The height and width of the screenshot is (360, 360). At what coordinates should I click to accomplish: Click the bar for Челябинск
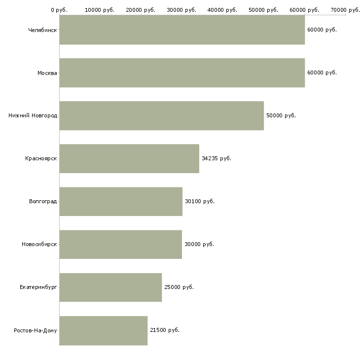tap(182, 30)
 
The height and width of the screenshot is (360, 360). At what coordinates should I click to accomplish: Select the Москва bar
tap(182, 73)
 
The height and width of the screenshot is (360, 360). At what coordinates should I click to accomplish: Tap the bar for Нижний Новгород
tap(162, 116)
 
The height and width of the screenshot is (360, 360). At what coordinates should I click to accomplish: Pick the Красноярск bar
tap(129, 159)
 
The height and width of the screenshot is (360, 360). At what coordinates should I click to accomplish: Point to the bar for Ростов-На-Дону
tap(104, 330)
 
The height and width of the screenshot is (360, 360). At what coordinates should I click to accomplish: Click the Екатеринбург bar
tap(110, 288)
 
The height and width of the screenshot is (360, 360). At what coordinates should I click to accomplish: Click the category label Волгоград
tap(43, 202)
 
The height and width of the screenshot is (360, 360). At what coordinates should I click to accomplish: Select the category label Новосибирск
tap(39, 244)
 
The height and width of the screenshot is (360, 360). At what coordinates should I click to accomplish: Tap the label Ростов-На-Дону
tap(36, 330)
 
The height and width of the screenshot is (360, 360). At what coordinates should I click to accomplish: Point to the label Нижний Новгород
tap(33, 115)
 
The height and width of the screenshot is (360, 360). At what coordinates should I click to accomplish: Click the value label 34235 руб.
tap(216, 158)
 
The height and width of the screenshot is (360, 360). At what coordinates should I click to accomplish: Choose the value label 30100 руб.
tap(200, 201)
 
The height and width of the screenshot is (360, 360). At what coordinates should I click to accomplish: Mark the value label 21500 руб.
tap(165, 330)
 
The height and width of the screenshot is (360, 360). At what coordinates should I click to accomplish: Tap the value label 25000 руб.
tap(179, 287)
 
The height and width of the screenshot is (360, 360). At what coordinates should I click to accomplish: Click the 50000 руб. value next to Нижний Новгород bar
tap(281, 115)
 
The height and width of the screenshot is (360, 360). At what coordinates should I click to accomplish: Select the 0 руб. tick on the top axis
tap(59, 10)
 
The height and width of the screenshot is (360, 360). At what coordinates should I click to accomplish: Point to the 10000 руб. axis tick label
tap(100, 10)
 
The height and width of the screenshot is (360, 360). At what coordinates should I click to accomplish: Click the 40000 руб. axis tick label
tap(222, 10)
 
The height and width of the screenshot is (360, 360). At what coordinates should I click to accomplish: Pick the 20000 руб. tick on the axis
tap(141, 10)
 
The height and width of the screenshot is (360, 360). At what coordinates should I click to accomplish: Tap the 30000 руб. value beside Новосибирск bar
tap(199, 244)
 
